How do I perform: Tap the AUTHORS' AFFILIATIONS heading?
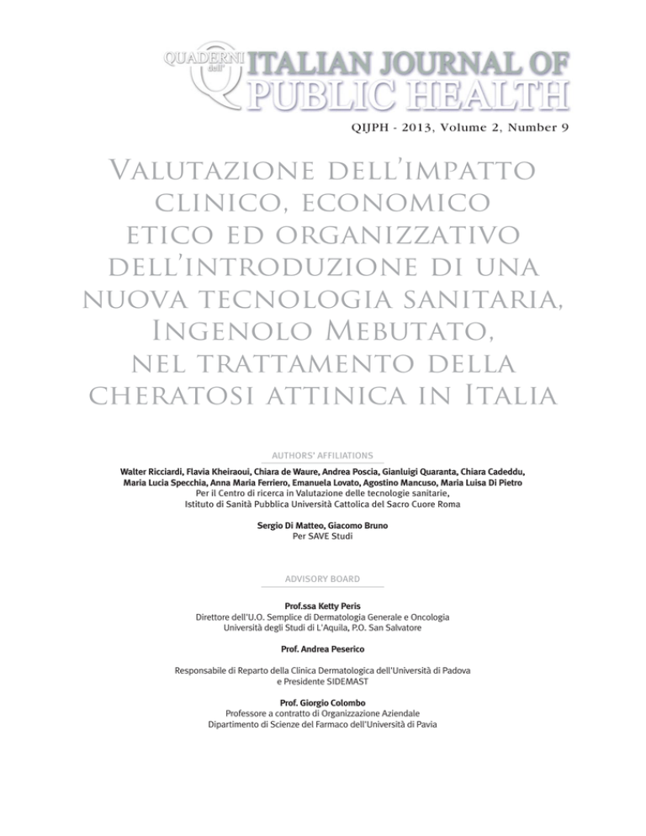(322, 454)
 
